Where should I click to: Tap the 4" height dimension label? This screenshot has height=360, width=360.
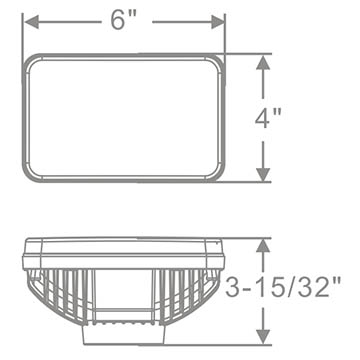268,118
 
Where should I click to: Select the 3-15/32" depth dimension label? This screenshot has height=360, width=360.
283,287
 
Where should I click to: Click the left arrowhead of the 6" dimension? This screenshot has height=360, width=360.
32,22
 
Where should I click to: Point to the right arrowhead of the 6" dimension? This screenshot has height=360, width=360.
218,22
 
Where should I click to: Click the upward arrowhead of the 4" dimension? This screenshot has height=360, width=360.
263,62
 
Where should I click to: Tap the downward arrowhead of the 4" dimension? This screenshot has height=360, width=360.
263,175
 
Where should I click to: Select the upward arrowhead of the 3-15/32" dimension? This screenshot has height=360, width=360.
263,246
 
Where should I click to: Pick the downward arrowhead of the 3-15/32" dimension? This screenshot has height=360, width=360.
263,337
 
